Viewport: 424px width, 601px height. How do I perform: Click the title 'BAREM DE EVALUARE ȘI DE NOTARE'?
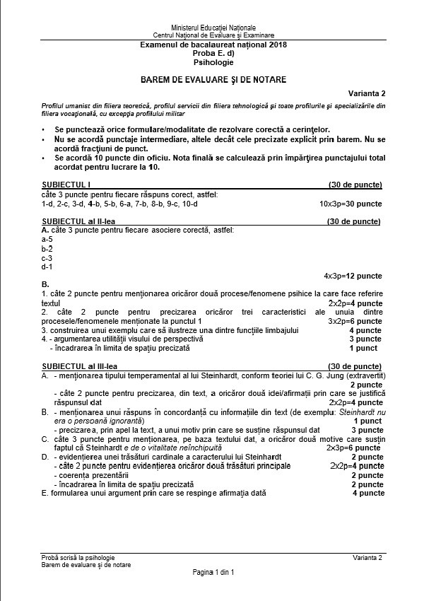click(x=213, y=79)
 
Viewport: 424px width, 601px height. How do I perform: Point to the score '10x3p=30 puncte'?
click(x=351, y=204)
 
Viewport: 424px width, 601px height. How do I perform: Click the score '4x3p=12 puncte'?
click(x=353, y=275)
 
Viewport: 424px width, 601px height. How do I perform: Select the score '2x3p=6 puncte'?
click(x=353, y=448)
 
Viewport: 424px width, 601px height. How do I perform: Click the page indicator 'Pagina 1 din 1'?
click(x=213, y=571)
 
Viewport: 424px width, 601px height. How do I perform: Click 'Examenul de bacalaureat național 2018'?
click(x=213, y=45)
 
